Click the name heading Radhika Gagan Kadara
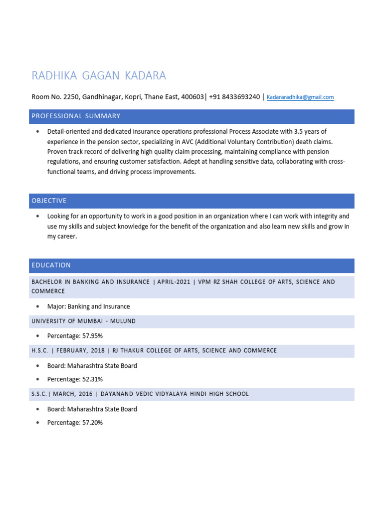(99, 76)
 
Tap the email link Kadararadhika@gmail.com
(300, 97)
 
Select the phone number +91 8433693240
(234, 97)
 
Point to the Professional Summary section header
(76, 116)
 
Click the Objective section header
(49, 201)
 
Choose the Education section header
(51, 265)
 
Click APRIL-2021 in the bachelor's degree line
(174, 282)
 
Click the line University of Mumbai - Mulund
(83, 321)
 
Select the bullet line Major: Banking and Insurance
(88, 306)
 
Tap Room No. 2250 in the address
(54, 97)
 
